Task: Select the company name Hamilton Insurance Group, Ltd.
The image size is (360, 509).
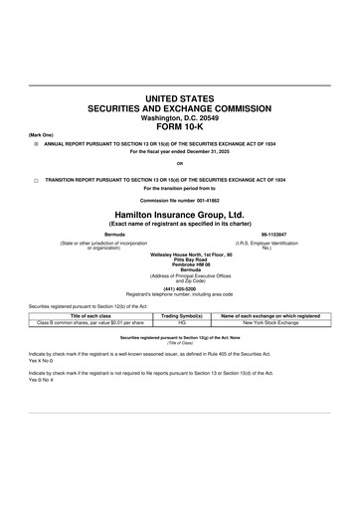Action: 179,214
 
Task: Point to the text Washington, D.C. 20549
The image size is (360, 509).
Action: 179,116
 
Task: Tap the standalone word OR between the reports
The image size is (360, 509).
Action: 179,163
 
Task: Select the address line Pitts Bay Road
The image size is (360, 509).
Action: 179,256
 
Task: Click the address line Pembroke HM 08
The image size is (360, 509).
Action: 179,261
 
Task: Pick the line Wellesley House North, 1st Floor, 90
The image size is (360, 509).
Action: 179,252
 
